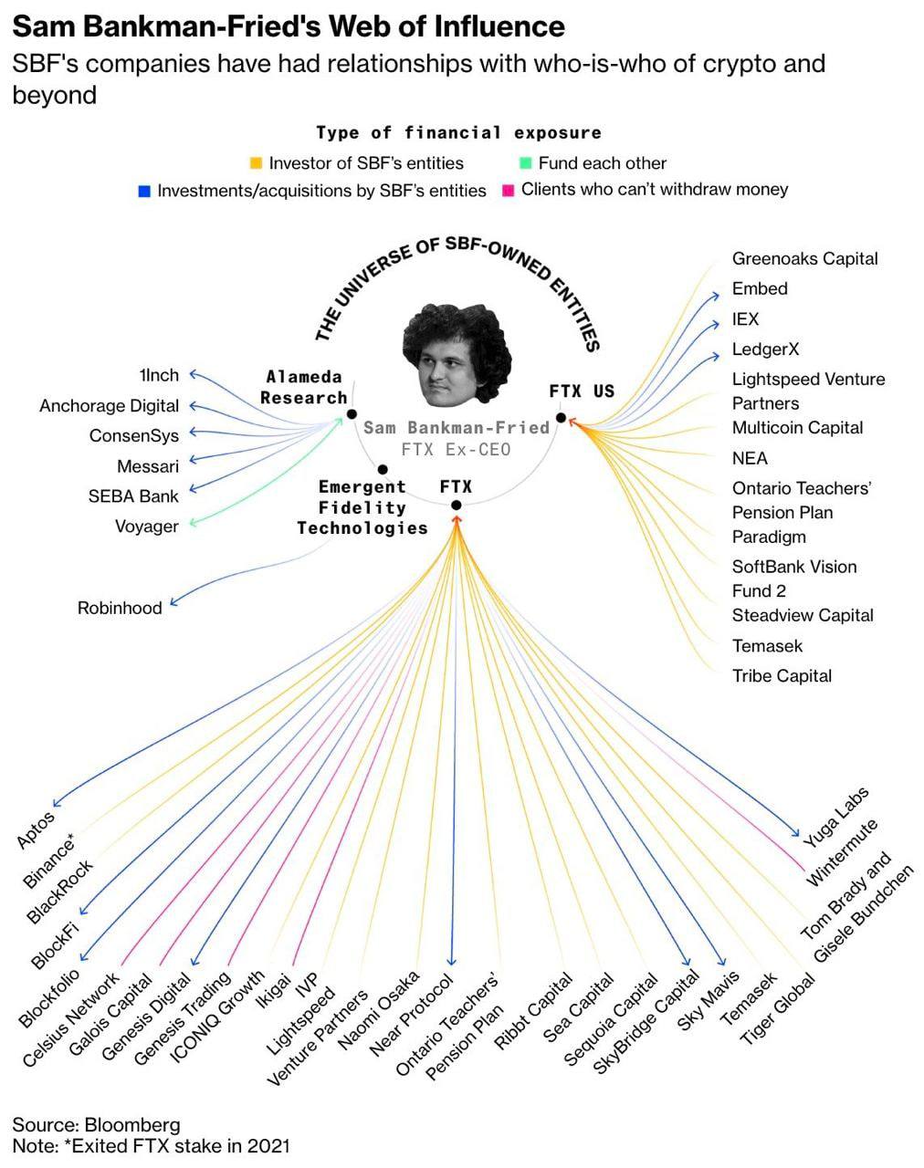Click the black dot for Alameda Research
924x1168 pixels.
click(x=352, y=414)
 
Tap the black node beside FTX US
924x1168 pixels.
click(x=561, y=417)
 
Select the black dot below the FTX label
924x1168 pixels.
click(x=457, y=506)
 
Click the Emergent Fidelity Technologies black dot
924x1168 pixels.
click(x=383, y=469)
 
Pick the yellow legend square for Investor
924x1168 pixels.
click(x=256, y=162)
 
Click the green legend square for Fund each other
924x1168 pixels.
click(x=525, y=162)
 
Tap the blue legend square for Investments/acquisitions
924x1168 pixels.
click(x=144, y=191)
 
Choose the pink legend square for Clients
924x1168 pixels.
click(x=508, y=191)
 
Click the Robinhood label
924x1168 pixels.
click(x=120, y=608)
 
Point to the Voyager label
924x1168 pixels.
click(x=147, y=527)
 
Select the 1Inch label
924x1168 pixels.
click(x=159, y=375)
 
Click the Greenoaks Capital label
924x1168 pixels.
click(x=804, y=258)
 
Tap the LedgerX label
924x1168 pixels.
click(x=765, y=349)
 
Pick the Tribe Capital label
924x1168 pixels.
click(x=782, y=676)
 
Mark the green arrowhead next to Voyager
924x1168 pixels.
click(x=194, y=522)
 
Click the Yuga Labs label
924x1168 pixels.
click(x=835, y=818)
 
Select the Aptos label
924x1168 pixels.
click(x=36, y=829)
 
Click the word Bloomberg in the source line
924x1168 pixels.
click(x=132, y=1125)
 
